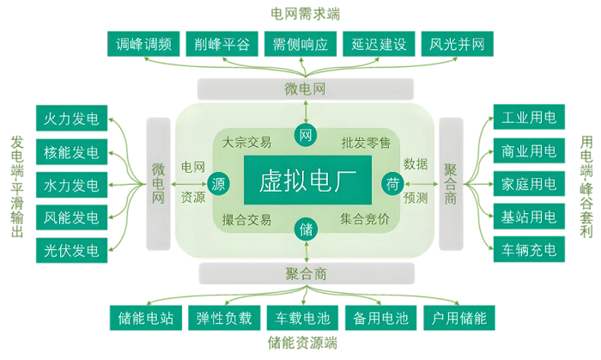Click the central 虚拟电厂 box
[306, 180]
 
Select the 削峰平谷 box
[222, 45]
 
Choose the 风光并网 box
[457, 45]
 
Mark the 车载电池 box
[299, 318]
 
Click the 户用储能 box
[458, 318]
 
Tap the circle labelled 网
[306, 134]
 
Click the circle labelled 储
[306, 230]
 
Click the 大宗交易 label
[246, 143]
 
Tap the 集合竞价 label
[364, 219]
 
